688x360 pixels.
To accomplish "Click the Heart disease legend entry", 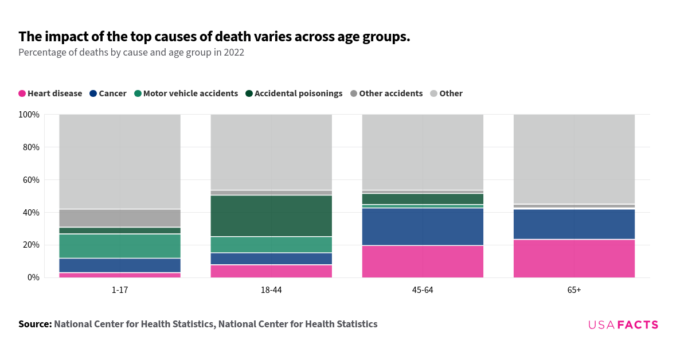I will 50,93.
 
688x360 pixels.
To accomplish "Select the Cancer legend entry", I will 108,93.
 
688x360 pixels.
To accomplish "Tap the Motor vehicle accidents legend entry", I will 186,93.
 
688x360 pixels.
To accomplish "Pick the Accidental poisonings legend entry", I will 294,93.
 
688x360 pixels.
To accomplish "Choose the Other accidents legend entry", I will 386,93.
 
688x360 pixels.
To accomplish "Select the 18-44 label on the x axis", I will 271,290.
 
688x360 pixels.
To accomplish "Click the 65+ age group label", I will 574,290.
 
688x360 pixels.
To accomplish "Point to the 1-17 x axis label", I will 120,290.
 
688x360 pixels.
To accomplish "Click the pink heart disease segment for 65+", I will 574,259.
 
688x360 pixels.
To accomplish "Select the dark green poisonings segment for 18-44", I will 271,216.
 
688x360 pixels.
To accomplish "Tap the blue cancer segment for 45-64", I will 423,226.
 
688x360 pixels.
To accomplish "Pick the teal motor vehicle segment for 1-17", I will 120,246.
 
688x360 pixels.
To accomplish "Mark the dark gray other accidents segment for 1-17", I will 120,218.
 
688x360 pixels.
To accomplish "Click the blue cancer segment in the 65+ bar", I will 574,224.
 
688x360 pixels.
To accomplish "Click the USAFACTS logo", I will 623,325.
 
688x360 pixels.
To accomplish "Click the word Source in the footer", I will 35,324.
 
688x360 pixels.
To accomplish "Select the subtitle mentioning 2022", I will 131,53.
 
